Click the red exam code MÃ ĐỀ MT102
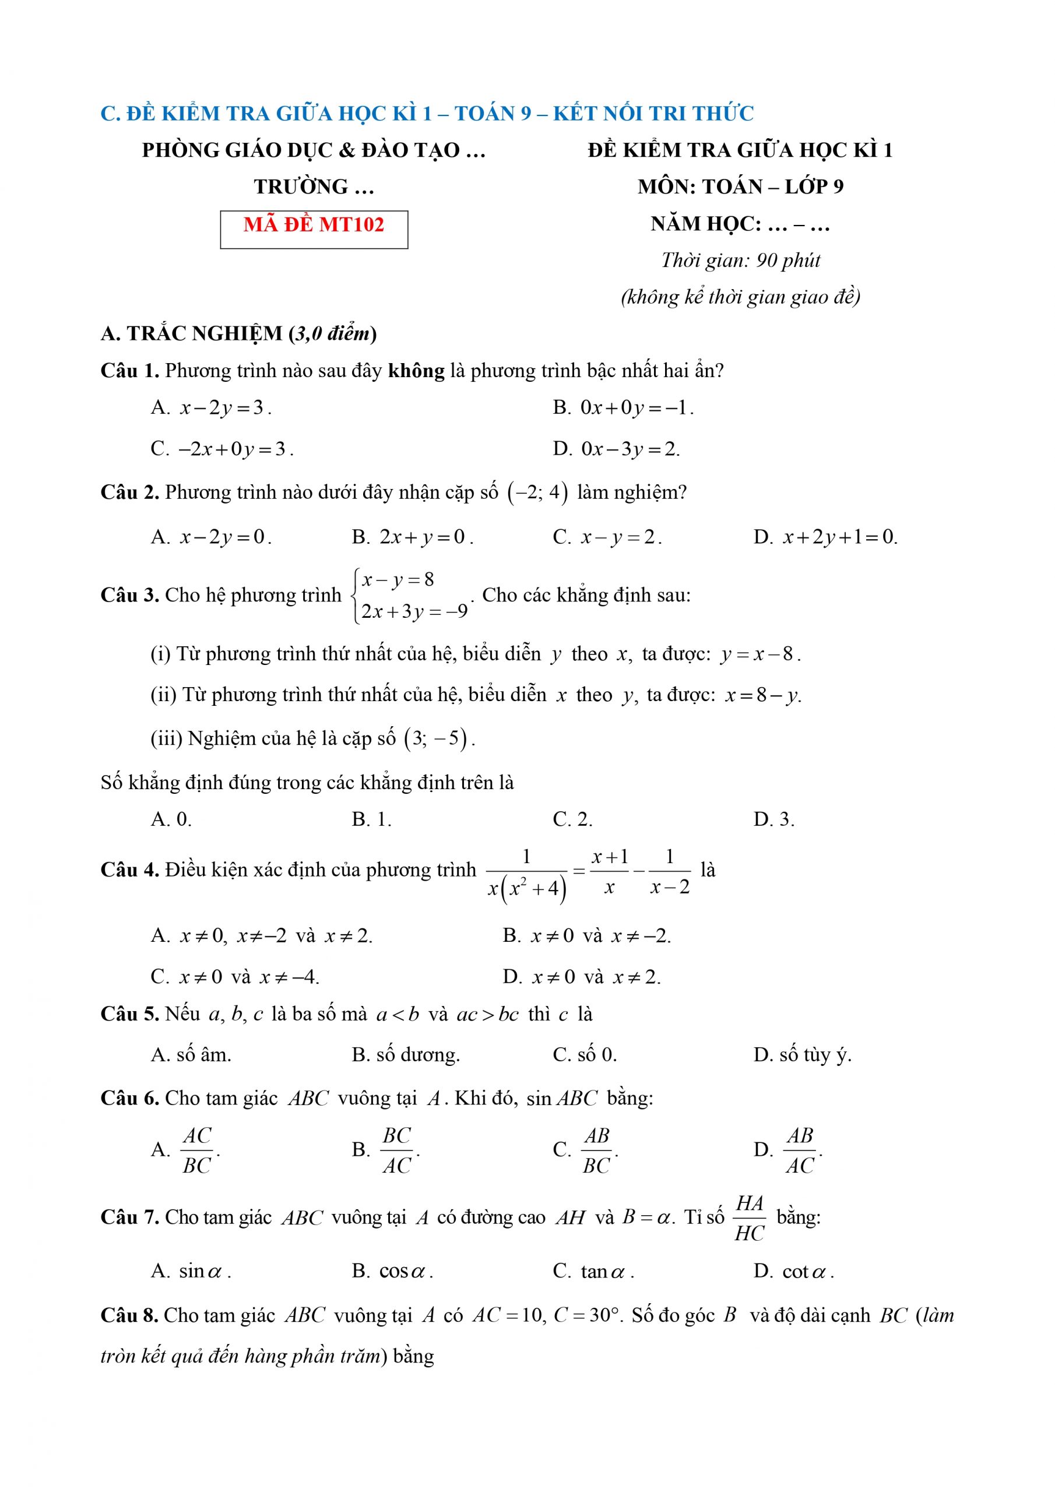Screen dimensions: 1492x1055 click(314, 225)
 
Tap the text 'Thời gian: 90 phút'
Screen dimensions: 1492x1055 click(740, 261)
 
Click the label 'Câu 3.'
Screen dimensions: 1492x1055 click(129, 595)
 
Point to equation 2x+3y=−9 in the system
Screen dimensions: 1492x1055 click(414, 612)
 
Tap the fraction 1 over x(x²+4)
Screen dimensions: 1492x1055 click(526, 875)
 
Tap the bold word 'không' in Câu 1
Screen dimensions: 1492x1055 click(416, 371)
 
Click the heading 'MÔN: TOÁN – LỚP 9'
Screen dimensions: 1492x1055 click(740, 187)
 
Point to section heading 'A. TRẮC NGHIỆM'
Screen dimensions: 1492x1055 click(192, 334)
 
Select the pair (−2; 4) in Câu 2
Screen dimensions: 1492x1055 click(537, 492)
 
